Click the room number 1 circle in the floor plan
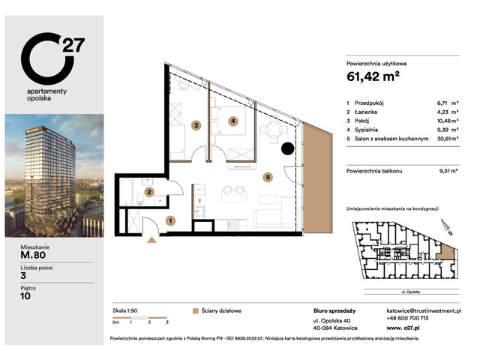pyautogui.click(x=171, y=220)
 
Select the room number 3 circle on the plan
pyautogui.click(x=196, y=125)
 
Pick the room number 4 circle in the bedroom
pyautogui.click(x=233, y=121)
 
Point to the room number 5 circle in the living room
pyautogui.click(x=267, y=178)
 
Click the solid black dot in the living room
pyautogui.click(x=287, y=148)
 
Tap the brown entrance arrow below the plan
pyautogui.click(x=154, y=240)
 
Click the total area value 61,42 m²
pyautogui.click(x=373, y=75)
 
